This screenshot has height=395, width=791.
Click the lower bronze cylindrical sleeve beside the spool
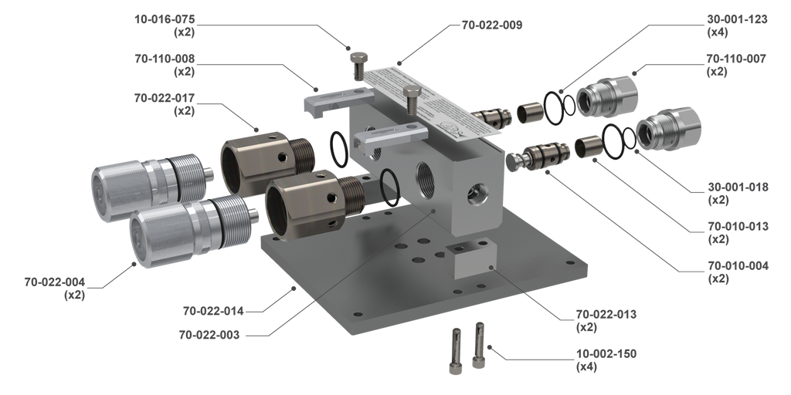pos(589,147)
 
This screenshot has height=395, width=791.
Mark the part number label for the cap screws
pos(594,358)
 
